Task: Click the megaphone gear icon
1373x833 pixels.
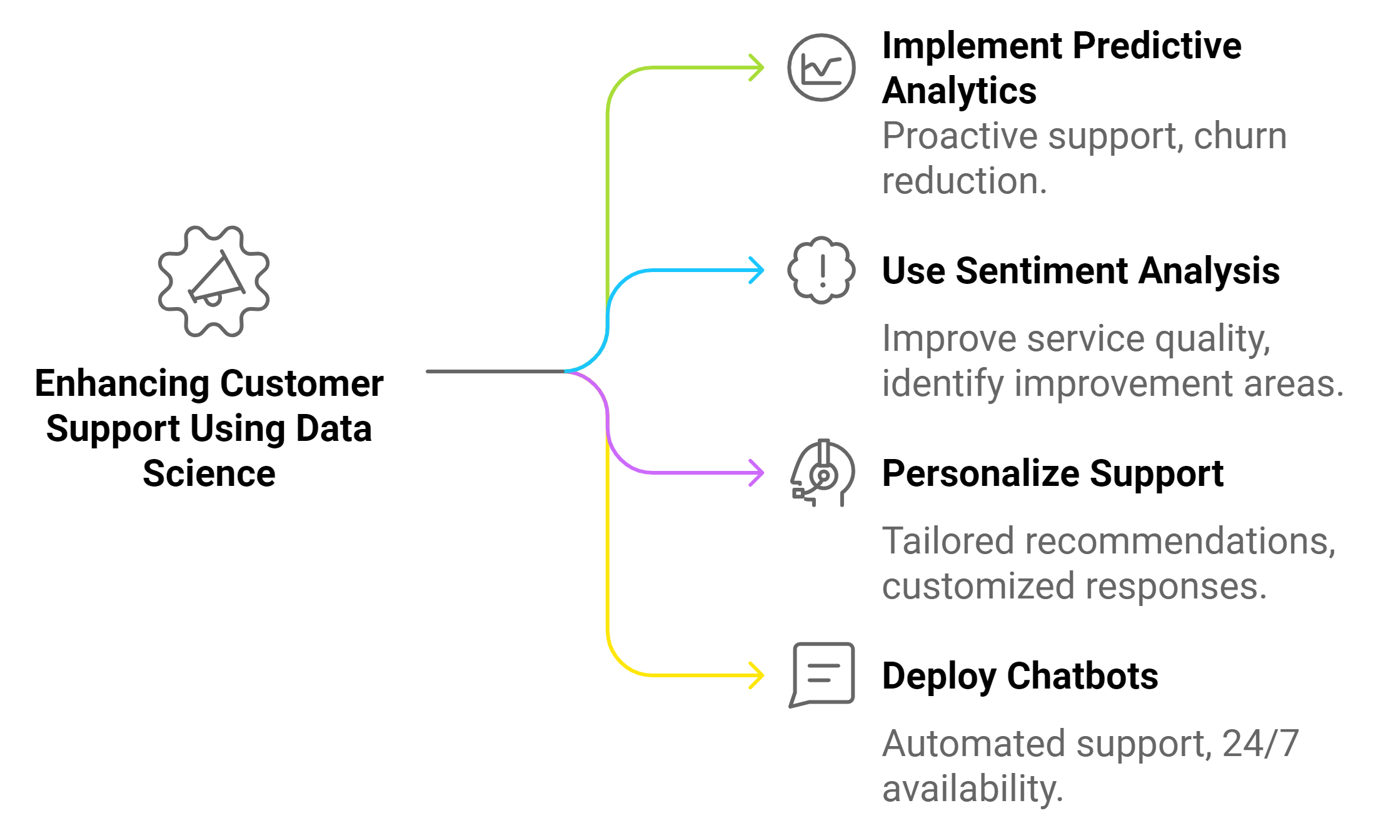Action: (x=214, y=281)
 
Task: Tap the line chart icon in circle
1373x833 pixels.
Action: (x=821, y=68)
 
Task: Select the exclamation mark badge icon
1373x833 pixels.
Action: (x=821, y=270)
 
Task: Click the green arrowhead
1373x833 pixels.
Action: (x=758, y=68)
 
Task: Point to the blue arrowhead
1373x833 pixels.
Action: (x=758, y=270)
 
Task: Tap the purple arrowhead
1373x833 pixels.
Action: (x=758, y=472)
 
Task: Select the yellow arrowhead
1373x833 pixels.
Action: (x=758, y=675)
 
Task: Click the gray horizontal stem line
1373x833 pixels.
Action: (x=494, y=371)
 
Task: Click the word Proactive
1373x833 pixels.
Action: (x=960, y=137)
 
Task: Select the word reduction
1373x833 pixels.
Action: (x=963, y=181)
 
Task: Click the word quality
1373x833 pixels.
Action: (x=1212, y=340)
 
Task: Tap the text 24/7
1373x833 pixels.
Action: (x=1260, y=744)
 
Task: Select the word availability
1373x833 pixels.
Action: (x=972, y=789)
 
